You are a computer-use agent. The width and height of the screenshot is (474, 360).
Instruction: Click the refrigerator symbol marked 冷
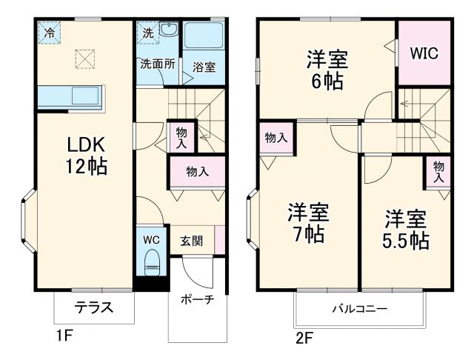click(50, 33)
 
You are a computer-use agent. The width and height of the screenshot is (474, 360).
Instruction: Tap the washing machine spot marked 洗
click(147, 33)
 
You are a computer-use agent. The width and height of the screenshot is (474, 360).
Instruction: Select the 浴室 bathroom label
click(204, 67)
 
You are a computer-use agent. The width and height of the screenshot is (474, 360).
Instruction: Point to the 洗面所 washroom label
click(157, 64)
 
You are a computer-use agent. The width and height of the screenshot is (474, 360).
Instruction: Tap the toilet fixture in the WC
click(152, 261)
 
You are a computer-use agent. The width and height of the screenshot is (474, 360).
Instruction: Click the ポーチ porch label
click(197, 300)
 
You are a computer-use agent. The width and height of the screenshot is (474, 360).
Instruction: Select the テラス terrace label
click(93, 307)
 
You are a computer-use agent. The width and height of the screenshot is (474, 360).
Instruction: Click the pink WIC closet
click(424, 53)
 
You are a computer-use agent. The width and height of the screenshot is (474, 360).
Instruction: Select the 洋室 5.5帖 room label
click(406, 229)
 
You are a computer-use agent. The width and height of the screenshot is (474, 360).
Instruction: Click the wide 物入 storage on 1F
click(196, 171)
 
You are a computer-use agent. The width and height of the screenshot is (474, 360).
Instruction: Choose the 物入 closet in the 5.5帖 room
click(438, 171)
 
